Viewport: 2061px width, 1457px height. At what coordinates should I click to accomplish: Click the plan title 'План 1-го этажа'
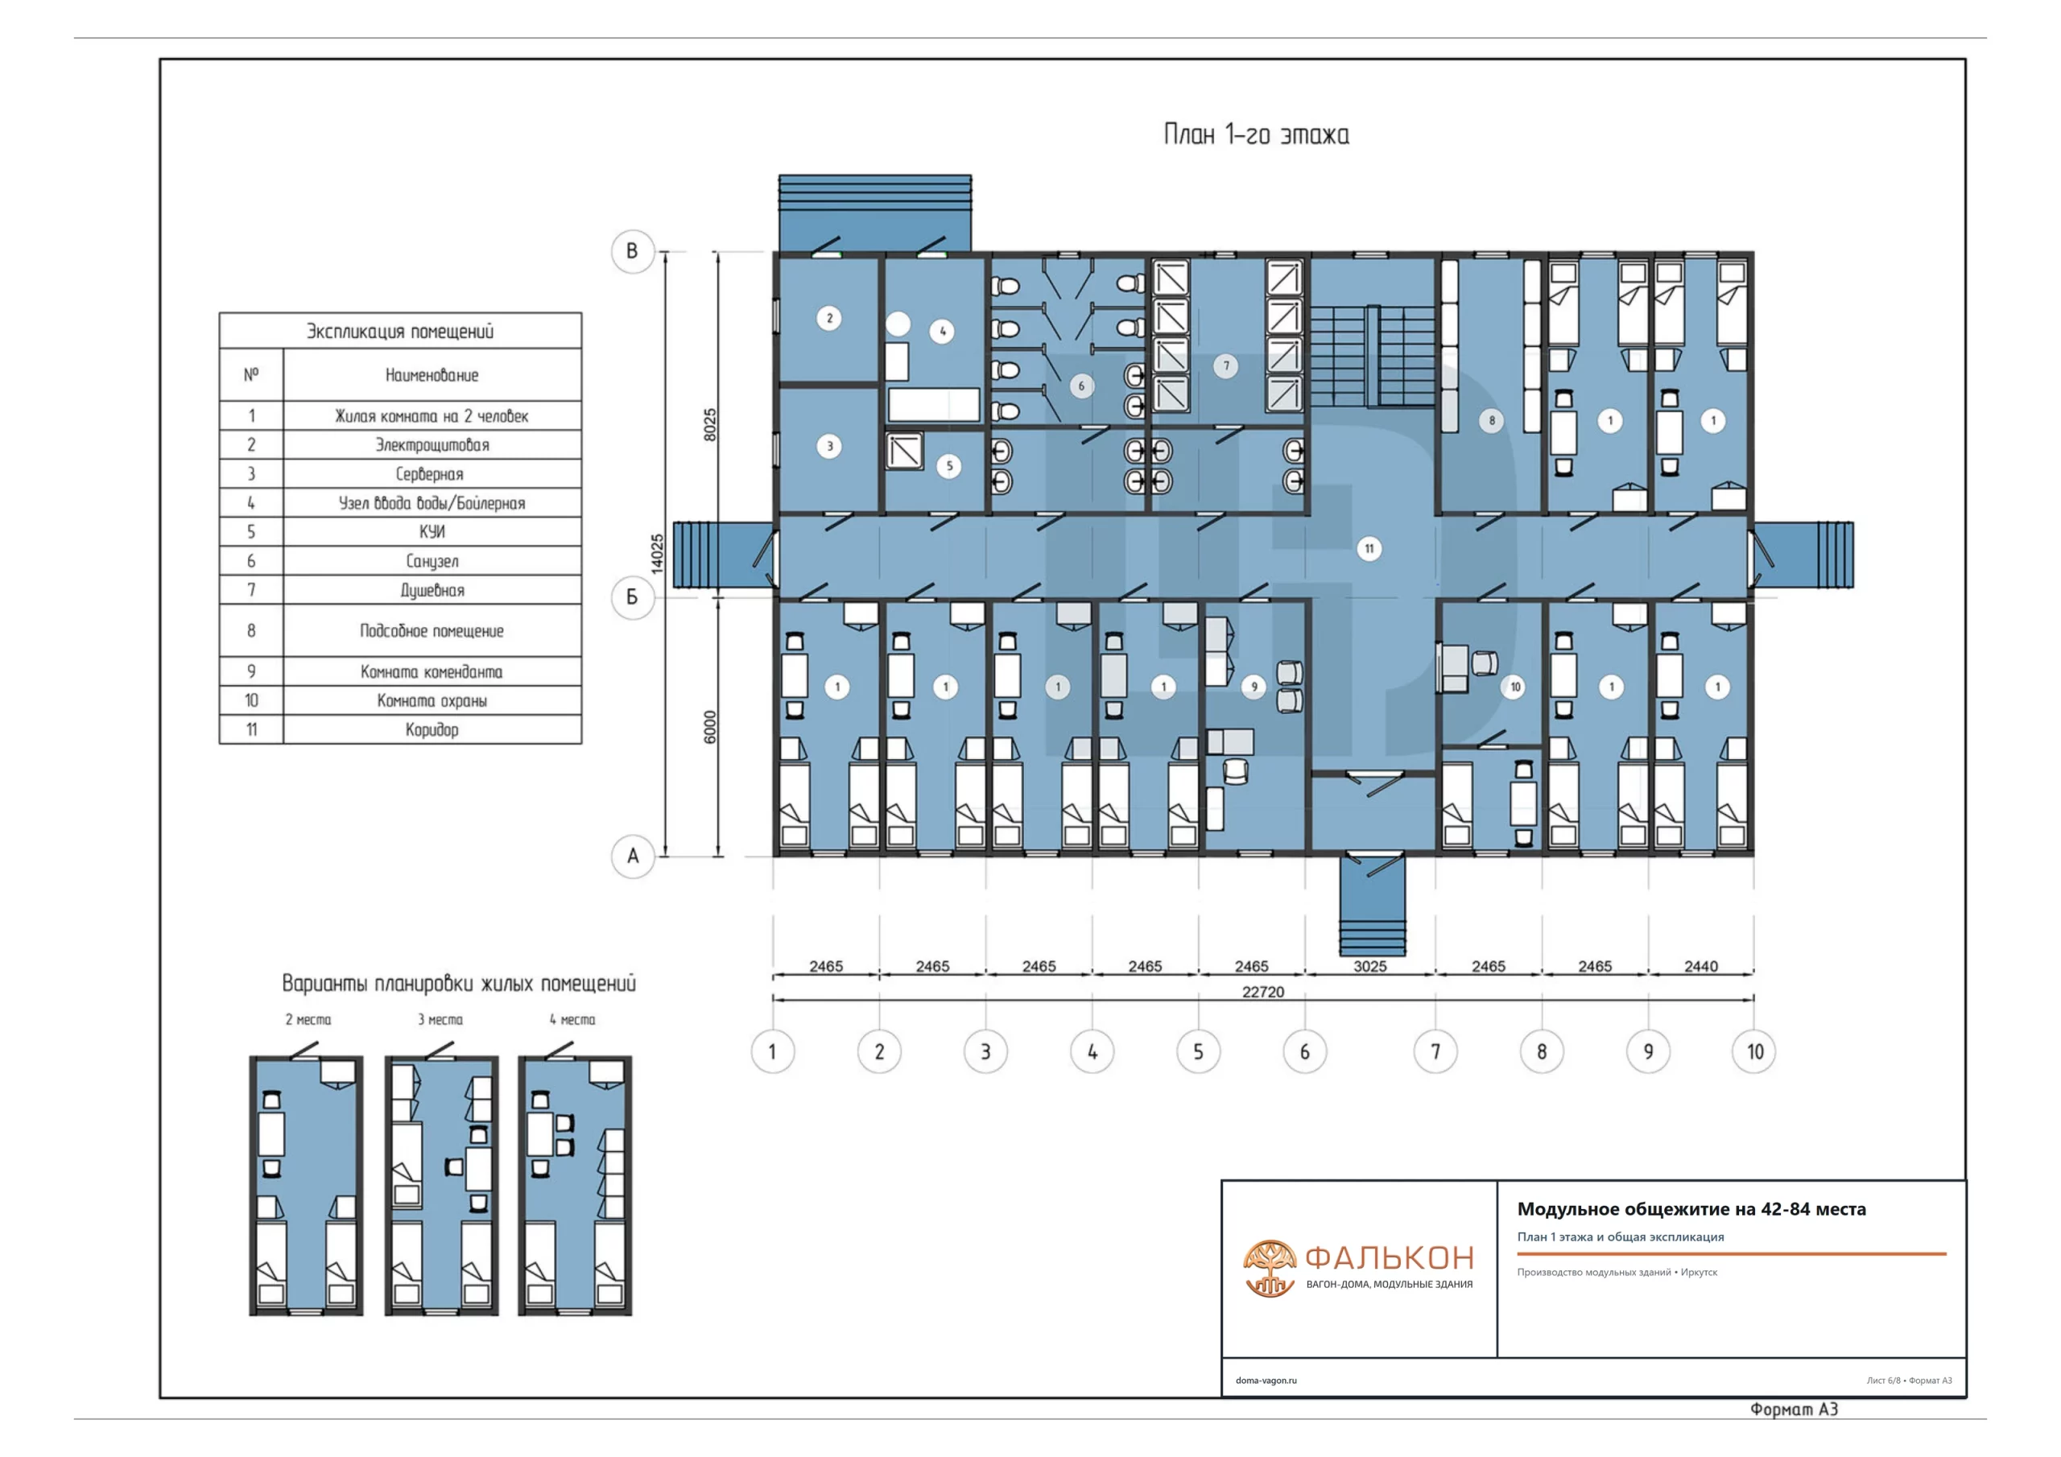coord(1256,134)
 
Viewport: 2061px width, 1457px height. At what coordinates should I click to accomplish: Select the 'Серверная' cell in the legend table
coord(430,474)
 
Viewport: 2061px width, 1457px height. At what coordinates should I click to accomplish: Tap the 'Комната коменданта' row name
coord(432,671)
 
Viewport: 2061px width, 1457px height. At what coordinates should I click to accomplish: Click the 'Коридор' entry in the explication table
coord(432,730)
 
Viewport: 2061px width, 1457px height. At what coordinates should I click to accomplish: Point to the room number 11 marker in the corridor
coord(1369,548)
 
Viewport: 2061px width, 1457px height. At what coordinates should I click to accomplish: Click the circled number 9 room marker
coord(1254,687)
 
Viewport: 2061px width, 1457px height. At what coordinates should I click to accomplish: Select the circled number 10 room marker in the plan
coord(1515,687)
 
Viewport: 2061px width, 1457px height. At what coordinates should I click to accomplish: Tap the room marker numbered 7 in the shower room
coord(1226,365)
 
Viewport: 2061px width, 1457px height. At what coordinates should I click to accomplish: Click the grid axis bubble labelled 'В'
coord(632,250)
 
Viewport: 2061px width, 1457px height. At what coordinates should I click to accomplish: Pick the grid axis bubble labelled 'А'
coord(632,856)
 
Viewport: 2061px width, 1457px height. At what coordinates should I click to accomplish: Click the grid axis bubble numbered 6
coord(1304,1051)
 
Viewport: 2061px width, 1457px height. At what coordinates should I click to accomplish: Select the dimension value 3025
coord(1369,966)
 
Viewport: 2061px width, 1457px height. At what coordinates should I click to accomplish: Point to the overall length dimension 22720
coord(1263,991)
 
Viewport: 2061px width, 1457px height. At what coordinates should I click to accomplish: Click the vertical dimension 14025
coord(657,553)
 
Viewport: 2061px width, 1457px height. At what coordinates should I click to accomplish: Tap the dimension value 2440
coord(1701,966)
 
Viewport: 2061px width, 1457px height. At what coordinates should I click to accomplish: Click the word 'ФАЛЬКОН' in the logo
coord(1390,1257)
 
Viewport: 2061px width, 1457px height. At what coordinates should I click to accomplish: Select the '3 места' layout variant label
coord(440,1020)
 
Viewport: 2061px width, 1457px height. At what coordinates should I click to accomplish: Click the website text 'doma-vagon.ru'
coord(1266,1381)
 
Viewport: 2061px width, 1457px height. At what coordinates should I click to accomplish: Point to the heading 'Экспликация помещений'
coord(400,332)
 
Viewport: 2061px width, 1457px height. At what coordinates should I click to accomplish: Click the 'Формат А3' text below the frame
coord(1794,1410)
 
